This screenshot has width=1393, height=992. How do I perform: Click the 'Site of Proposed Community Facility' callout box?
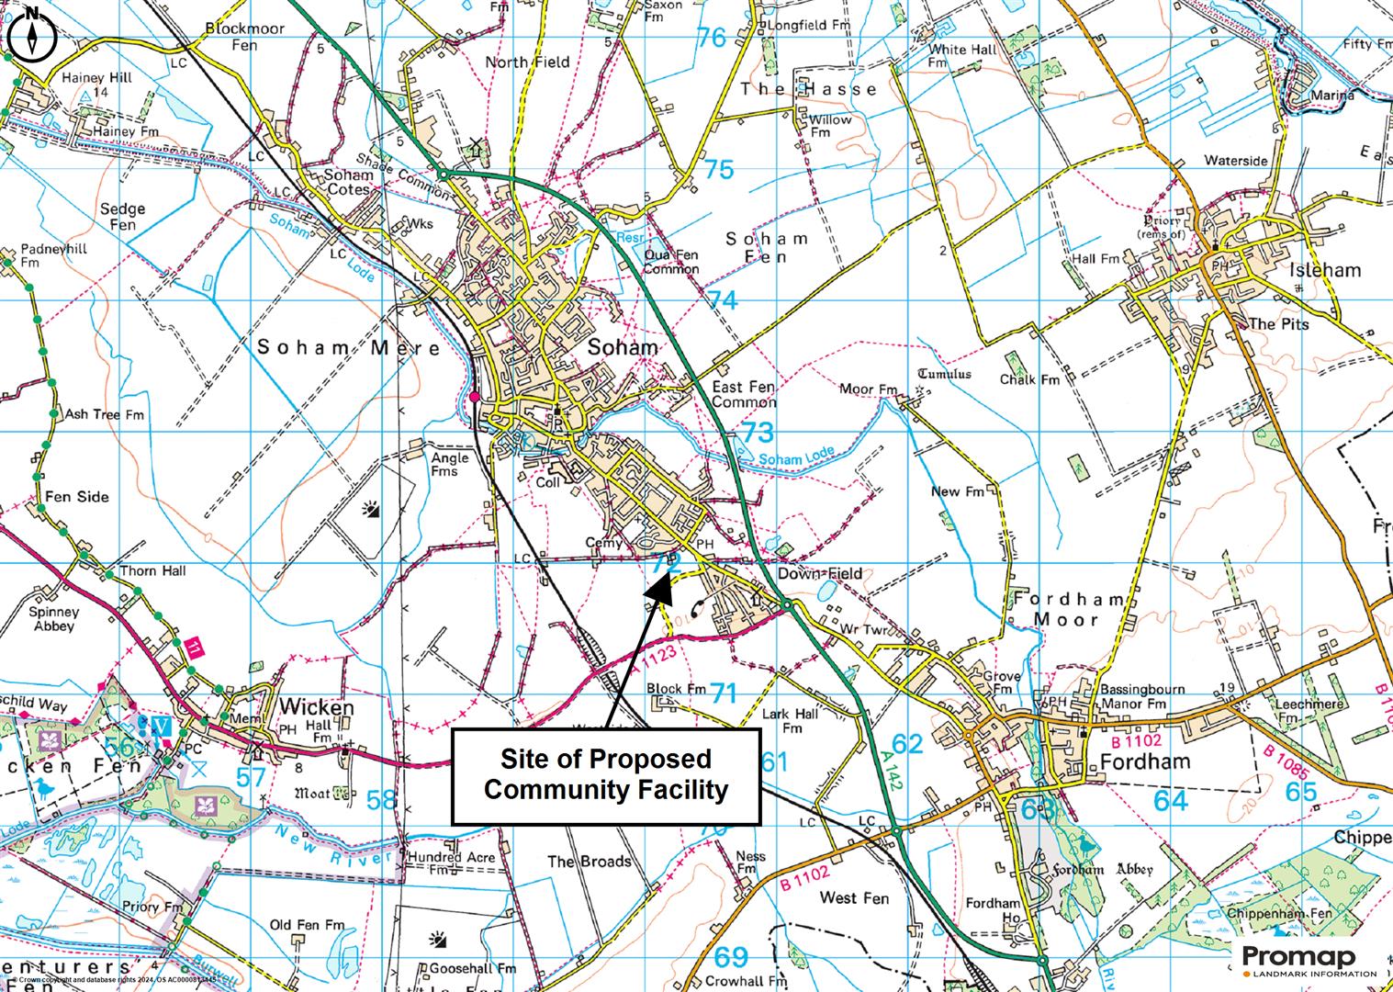(606, 775)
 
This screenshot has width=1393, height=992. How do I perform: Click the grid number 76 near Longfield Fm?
(712, 38)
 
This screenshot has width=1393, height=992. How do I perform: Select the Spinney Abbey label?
(53, 619)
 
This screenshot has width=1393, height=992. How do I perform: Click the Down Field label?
(819, 574)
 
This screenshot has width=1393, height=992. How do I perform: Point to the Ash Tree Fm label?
(104, 414)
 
